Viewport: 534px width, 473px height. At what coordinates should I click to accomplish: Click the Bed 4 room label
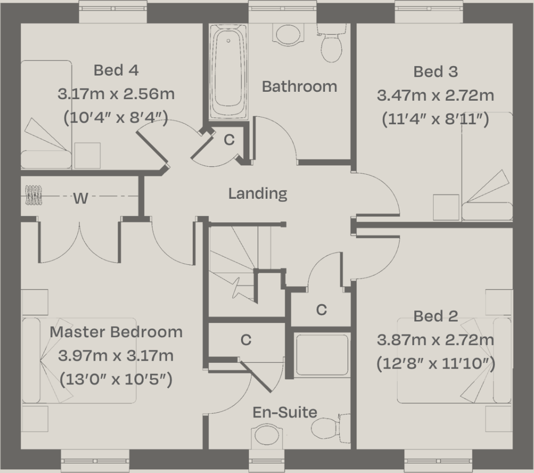pos(116,70)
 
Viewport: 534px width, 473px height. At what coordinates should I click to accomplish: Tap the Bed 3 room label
pos(435,71)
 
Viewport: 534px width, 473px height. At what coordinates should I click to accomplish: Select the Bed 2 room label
pos(435,316)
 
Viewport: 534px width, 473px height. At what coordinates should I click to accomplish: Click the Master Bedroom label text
pos(116,332)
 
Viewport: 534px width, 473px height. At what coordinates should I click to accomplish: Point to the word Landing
pos(257,193)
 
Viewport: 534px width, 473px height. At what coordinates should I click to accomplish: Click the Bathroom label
pos(299,86)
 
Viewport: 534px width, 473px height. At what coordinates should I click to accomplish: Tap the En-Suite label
pos(285,412)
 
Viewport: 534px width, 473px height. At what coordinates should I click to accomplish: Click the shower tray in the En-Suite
pos(322,355)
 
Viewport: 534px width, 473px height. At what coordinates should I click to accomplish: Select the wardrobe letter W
pos(80,198)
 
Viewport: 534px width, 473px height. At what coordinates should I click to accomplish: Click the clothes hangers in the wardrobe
pos(34,195)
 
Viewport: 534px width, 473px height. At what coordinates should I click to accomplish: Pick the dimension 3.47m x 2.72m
pos(435,95)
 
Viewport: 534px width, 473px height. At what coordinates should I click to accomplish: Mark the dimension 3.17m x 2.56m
pos(116,94)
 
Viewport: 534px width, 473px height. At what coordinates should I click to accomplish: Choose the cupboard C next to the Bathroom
pos(229,140)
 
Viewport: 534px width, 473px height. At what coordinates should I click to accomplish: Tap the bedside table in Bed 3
pos(446,208)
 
